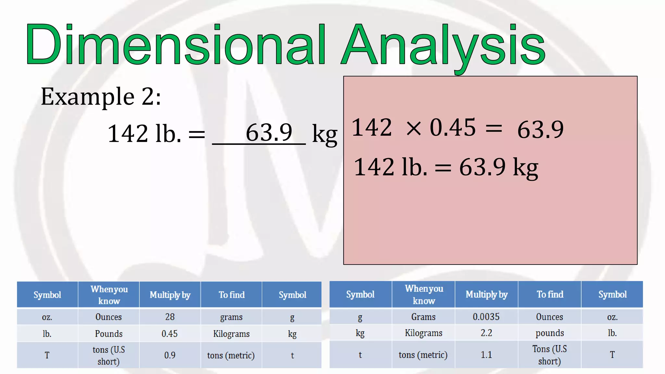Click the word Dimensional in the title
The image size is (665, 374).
[x=175, y=45]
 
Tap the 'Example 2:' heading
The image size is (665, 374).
[x=101, y=97]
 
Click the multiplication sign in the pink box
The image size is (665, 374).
[x=414, y=128]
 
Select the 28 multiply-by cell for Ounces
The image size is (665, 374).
[x=170, y=317]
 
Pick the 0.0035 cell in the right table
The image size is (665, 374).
[x=486, y=317]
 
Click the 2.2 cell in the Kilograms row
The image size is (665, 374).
[x=486, y=333]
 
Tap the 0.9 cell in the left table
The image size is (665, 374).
[x=170, y=355]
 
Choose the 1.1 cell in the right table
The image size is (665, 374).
[x=486, y=355]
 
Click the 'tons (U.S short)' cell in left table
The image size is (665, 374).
[x=108, y=355]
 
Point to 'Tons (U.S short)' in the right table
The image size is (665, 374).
[x=549, y=355]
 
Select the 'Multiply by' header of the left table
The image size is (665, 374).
[x=170, y=295]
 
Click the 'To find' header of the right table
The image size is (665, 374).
[x=550, y=294]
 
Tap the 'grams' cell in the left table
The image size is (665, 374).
[x=231, y=317]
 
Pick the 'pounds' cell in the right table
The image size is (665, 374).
[x=549, y=333]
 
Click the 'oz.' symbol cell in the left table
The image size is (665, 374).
[x=47, y=317]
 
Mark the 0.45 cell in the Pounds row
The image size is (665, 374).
[x=169, y=334]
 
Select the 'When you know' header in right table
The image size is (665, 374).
[x=424, y=294]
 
